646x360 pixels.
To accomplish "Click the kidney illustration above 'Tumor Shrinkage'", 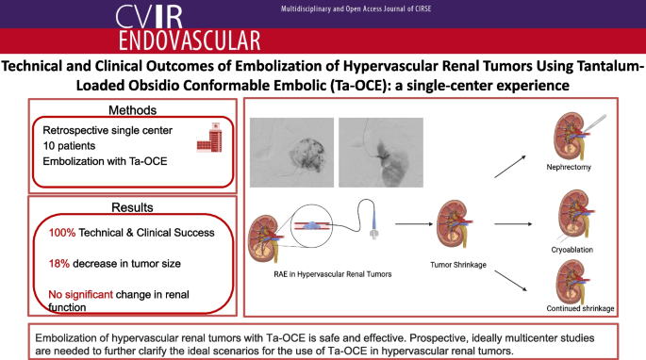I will click(x=455, y=223).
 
